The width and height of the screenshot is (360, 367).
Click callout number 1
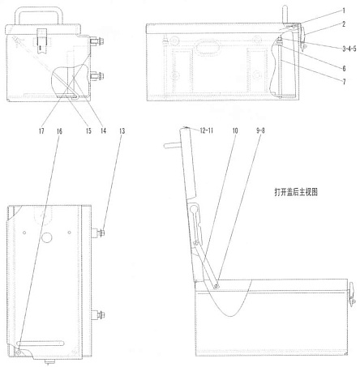344,11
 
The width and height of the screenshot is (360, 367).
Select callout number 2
344,24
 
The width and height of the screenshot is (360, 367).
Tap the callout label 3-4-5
349,49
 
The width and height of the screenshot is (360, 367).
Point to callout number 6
344,69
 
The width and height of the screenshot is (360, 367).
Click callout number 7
344,82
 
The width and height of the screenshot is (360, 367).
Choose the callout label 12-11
207,130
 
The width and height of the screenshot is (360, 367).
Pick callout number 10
235,131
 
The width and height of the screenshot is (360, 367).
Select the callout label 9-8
260,131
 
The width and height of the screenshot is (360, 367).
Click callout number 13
122,131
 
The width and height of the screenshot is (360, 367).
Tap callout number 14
103,131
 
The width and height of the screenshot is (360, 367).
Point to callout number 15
88,131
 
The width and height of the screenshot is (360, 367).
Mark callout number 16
59,131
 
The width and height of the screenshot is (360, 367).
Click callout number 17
41,131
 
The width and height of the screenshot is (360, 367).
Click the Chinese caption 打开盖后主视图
296,192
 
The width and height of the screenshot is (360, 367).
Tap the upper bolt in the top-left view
97,41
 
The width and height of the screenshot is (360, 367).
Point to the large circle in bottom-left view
46,237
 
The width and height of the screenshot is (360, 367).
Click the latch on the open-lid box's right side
351,293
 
